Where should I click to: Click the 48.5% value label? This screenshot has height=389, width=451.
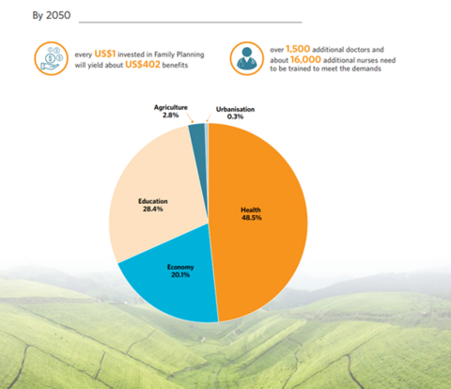(252, 218)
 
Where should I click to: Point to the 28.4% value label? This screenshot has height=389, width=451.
(153, 209)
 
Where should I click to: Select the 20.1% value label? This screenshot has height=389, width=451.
(180, 274)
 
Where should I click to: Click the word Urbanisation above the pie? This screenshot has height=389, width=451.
(235, 109)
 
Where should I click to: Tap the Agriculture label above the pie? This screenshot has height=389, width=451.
(171, 107)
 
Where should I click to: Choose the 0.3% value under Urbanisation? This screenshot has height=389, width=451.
(235, 117)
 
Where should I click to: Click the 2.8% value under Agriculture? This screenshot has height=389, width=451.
(170, 116)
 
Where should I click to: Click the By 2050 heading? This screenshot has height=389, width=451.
(52, 15)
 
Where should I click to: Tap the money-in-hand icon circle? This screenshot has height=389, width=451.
(51, 58)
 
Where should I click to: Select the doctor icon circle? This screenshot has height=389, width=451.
(247, 58)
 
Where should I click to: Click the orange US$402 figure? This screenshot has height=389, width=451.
(143, 64)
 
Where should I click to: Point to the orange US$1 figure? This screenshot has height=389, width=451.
(105, 54)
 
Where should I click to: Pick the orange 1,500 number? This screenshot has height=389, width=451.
(298, 49)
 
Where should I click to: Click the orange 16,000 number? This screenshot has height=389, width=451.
(305, 59)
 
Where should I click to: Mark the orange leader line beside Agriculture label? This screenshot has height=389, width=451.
(191, 117)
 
